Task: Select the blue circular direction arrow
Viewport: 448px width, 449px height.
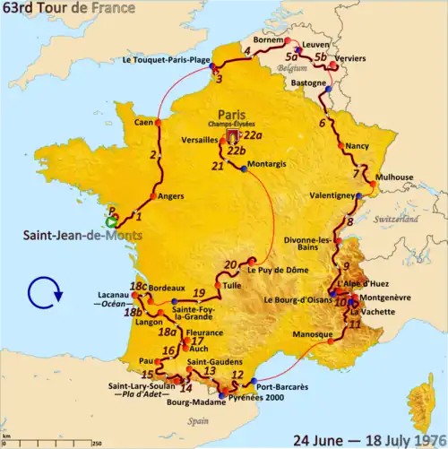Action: tap(43, 291)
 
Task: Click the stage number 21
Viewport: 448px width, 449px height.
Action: tap(217, 166)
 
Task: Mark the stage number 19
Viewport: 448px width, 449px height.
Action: tap(200, 293)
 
